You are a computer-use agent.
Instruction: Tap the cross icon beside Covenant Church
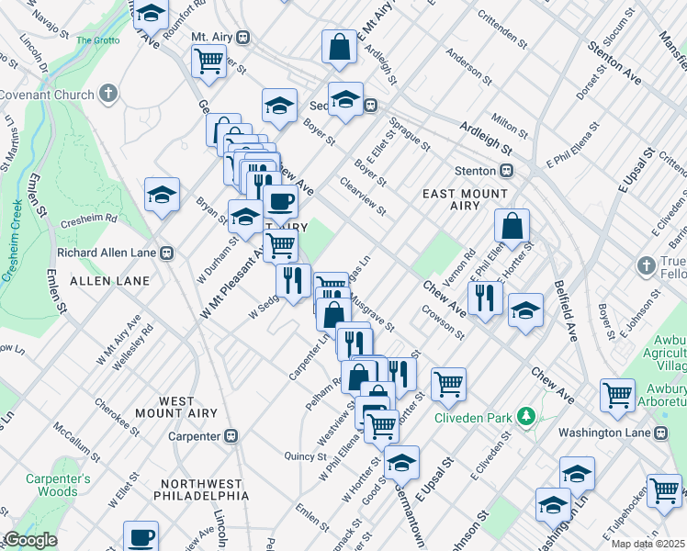(108, 95)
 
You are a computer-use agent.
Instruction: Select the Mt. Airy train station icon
(242, 37)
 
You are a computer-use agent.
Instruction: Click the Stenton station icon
(506, 171)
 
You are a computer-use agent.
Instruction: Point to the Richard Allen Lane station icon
(167, 253)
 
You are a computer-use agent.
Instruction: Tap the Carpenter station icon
(233, 435)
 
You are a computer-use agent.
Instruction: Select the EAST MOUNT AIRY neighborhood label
(465, 200)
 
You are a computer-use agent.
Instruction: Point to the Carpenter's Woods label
(58, 485)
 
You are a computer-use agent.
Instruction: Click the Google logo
(31, 540)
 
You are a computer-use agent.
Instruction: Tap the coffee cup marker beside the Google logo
(141, 535)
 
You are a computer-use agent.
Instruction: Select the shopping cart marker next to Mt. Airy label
(208, 61)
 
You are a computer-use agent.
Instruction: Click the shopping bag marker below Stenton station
(512, 225)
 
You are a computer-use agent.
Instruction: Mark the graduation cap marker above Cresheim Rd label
(162, 194)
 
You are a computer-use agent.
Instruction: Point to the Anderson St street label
(464, 66)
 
